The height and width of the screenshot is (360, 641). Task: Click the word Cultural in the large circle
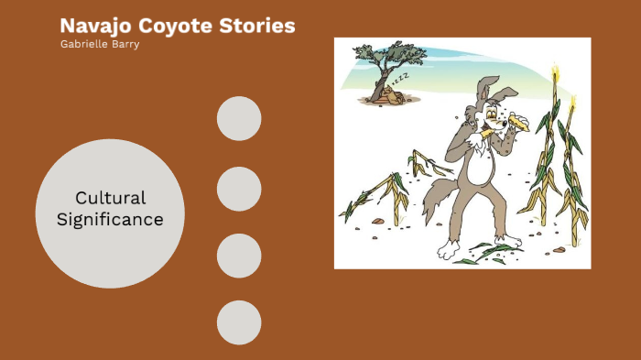pos(110,198)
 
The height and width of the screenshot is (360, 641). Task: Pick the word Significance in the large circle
pos(110,220)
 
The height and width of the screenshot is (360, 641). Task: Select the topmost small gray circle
pos(239,119)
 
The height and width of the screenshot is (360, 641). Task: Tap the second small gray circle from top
pos(239,189)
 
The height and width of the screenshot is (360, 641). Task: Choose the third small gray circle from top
pos(239,256)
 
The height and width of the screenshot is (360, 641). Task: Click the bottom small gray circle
pos(239,322)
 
